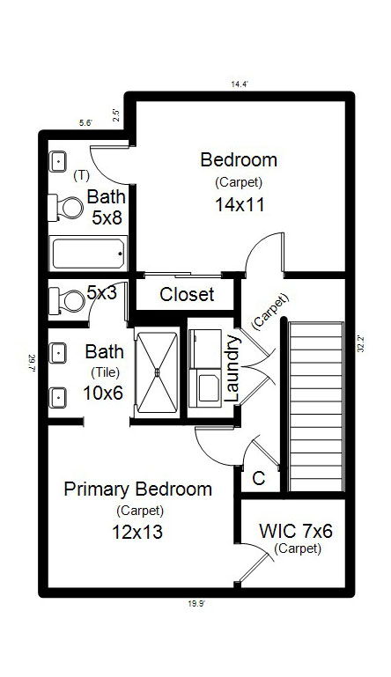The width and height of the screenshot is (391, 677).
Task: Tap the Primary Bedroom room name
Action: pyautogui.click(x=137, y=489)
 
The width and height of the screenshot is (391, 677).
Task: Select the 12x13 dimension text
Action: pyautogui.click(x=137, y=532)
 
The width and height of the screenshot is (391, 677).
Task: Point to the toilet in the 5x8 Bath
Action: pyautogui.click(x=67, y=206)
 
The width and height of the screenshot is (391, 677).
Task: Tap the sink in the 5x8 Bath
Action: pyautogui.click(x=59, y=161)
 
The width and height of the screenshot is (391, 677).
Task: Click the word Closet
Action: pyautogui.click(x=187, y=294)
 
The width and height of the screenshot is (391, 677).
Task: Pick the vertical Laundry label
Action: pyautogui.click(x=233, y=368)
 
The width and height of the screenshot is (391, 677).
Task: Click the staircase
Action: pyautogui.click(x=315, y=406)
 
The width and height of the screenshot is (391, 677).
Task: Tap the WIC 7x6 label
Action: pyautogui.click(x=295, y=531)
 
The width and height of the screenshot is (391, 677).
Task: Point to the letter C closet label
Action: pyautogui.click(x=259, y=480)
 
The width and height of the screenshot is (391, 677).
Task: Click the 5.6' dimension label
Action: pyautogui.click(x=85, y=123)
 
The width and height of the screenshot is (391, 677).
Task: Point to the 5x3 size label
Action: pyautogui.click(x=102, y=293)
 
